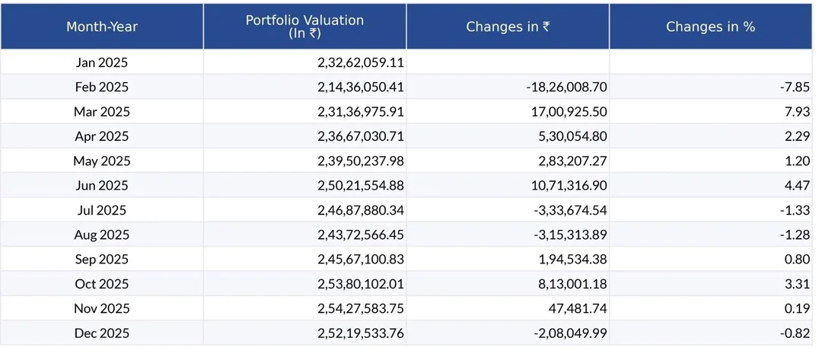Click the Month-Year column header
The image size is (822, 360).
[102, 27]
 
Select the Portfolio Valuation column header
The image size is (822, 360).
[304, 26]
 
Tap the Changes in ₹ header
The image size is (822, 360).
[508, 27]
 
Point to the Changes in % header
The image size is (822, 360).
[710, 27]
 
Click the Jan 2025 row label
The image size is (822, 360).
[102, 62]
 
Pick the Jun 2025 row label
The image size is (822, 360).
[102, 186]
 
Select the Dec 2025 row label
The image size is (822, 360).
[102, 333]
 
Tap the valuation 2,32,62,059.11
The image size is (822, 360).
[361, 62]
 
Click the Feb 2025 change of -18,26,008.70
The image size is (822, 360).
[566, 88]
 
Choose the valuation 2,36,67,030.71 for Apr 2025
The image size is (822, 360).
[361, 136]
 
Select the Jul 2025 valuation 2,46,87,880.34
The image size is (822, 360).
[361, 210]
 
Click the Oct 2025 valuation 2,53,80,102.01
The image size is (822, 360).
[361, 284]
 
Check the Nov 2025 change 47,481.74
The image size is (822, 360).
[575, 309]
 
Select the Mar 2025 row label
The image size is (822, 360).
[102, 112]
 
